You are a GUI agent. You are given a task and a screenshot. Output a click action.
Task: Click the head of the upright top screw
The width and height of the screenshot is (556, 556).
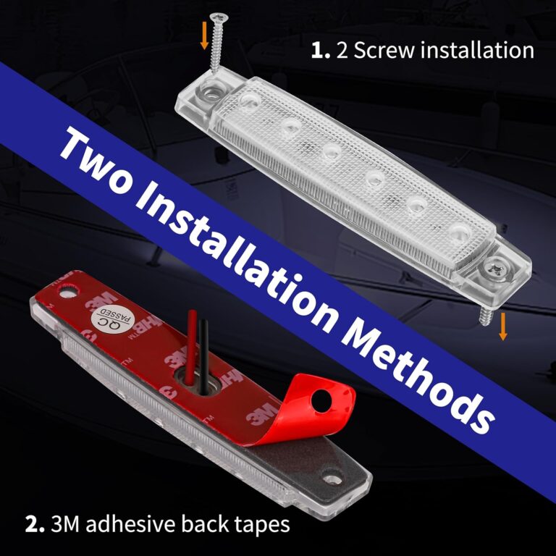pyautogui.click(x=216, y=17)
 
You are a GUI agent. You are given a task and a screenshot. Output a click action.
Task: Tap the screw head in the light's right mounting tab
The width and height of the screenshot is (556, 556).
pyautogui.click(x=500, y=267)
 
